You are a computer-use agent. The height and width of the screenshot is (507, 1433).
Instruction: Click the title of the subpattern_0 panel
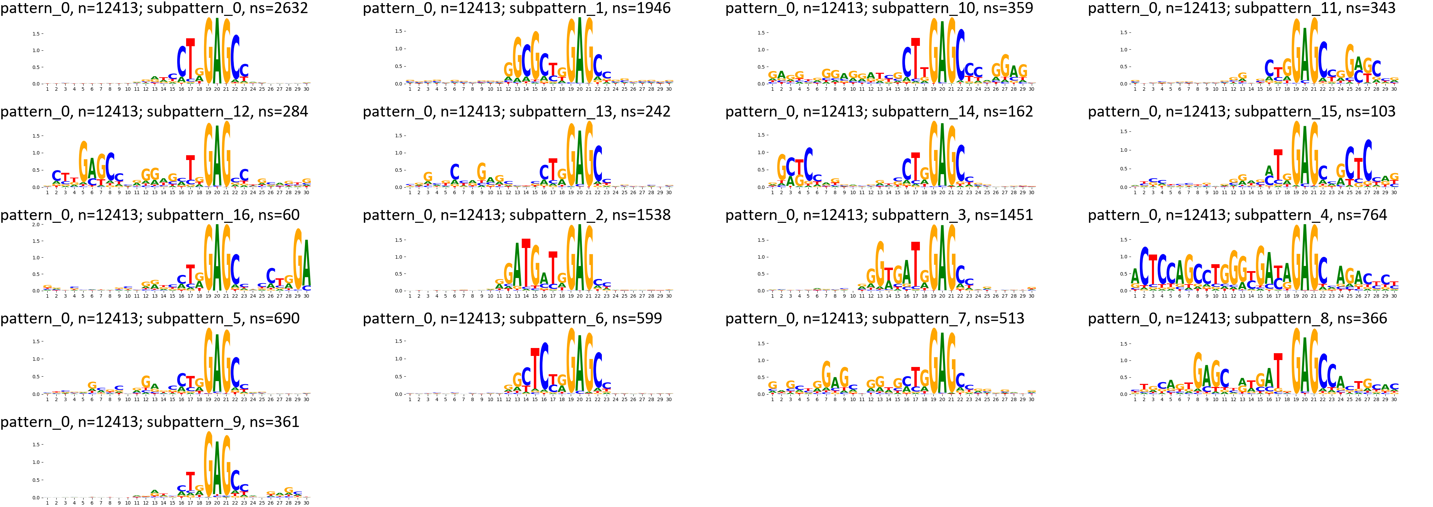154,8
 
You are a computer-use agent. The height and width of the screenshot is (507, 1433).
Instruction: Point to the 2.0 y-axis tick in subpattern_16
36,225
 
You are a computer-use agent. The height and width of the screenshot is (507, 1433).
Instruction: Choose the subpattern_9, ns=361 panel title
150,421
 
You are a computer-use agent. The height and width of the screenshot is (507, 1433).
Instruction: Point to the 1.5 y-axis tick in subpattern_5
36,341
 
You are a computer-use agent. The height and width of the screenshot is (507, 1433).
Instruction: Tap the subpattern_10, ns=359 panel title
879,8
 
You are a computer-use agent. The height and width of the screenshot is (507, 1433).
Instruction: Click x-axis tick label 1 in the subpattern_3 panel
772,296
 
